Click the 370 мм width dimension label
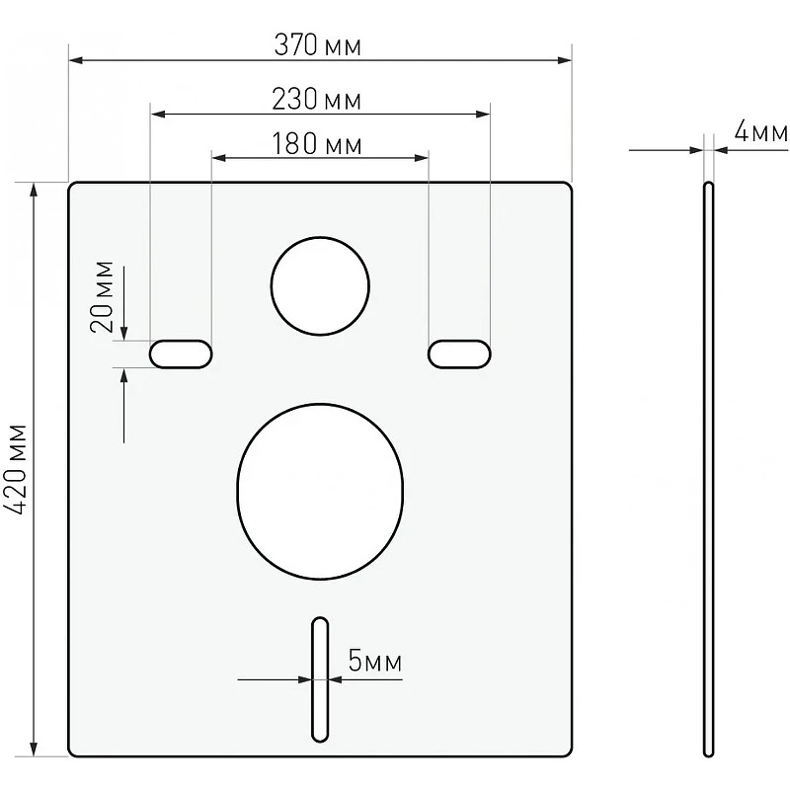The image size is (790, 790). [x=317, y=44]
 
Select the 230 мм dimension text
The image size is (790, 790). [x=316, y=100]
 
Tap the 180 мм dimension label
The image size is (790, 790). [x=316, y=143]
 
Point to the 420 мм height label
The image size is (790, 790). [x=15, y=469]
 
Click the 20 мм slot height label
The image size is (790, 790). [x=102, y=297]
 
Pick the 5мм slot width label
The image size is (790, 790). [x=375, y=661]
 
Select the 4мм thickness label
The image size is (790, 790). [x=760, y=132]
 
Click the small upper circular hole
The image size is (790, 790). [x=320, y=285]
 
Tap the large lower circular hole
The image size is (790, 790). [x=320, y=491]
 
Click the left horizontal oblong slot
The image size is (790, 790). [x=181, y=355]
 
